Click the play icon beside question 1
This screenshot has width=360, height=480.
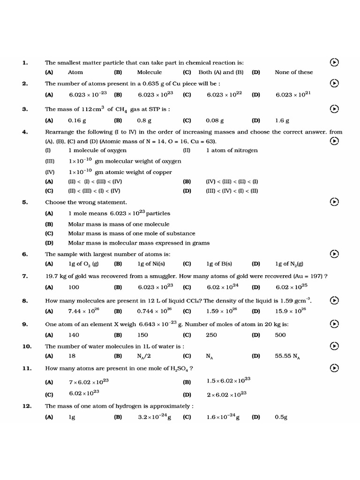(x=334, y=62)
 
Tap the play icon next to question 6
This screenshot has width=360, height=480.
(x=334, y=254)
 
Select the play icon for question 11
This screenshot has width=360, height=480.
(x=334, y=368)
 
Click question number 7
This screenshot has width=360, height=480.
(x=25, y=276)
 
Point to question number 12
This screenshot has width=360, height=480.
(x=27, y=406)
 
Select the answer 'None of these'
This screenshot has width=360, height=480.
(x=293, y=72)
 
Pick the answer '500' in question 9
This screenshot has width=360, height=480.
(x=280, y=335)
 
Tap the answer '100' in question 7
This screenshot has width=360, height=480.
(x=74, y=287)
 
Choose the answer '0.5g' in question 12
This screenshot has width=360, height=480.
(x=281, y=417)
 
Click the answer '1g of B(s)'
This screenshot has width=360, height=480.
(x=219, y=264)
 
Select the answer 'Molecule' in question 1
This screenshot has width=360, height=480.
(x=149, y=72)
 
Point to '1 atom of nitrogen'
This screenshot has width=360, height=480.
(x=232, y=150)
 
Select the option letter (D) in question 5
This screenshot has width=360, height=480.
(x=49, y=243)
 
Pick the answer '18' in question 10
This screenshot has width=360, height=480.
(x=72, y=356)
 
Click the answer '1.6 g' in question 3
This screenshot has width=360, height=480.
(x=282, y=120)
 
